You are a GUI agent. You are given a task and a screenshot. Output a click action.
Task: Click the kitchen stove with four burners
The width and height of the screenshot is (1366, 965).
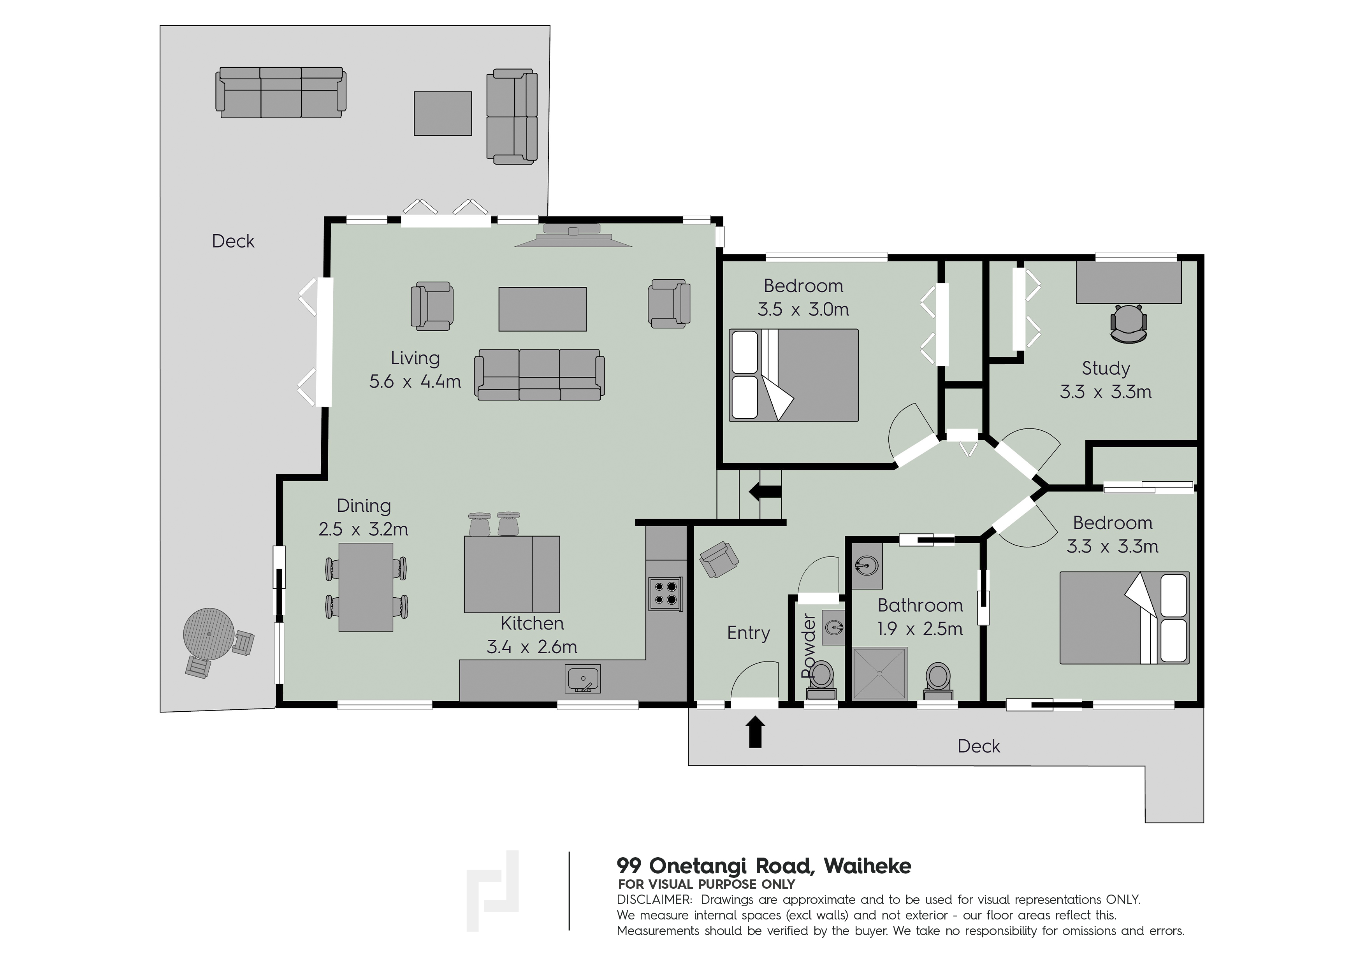pyautogui.click(x=665, y=593)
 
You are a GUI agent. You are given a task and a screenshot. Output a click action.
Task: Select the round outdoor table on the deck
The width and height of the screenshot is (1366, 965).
pyautogui.click(x=209, y=633)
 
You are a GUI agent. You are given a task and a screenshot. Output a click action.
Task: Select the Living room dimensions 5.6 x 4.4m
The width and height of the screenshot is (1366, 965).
pyautogui.click(x=415, y=382)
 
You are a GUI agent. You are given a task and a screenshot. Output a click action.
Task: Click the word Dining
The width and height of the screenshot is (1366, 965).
pyautogui.click(x=364, y=506)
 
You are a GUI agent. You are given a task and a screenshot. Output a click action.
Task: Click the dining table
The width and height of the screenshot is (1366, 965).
pyautogui.click(x=366, y=587)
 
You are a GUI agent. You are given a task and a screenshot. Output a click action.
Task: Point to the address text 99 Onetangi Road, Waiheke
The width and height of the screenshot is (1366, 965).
pyautogui.click(x=763, y=866)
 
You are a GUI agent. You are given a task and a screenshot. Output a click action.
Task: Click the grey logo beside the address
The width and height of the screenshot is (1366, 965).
pyautogui.click(x=492, y=891)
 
